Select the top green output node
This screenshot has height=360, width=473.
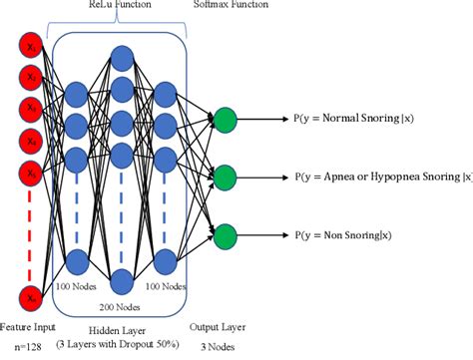coord(226,119)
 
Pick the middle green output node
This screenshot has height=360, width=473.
coord(226,178)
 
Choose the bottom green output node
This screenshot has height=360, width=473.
coord(226,236)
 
